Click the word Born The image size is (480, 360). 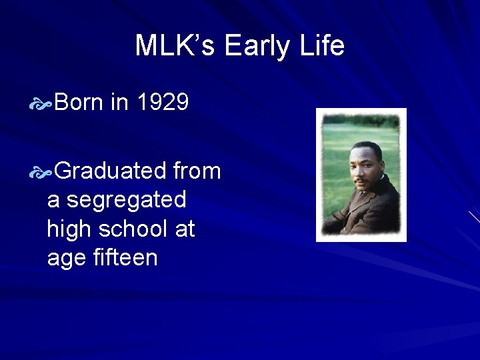pos(79,103)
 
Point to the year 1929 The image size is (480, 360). pos(163,103)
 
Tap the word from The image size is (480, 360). pos(197,171)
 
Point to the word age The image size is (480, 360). pos(64,258)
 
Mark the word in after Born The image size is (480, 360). pos(119,103)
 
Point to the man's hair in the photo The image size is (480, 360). pos(366,151)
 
